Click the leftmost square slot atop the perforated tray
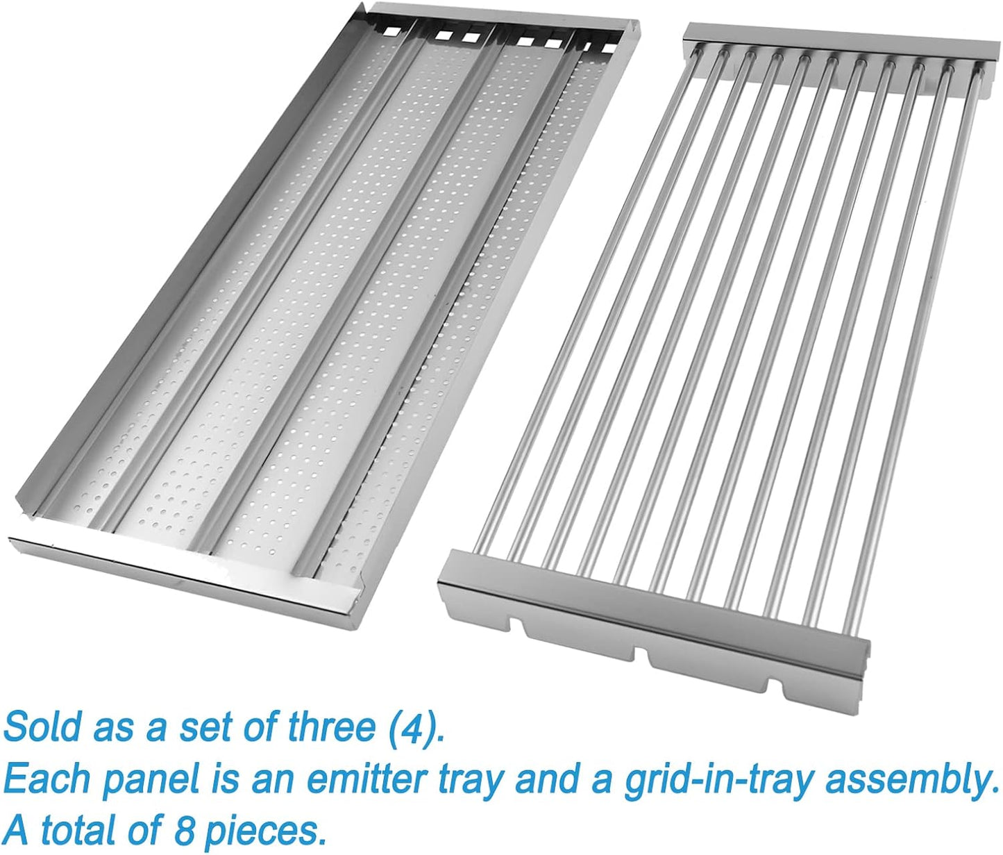point(391,31)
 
